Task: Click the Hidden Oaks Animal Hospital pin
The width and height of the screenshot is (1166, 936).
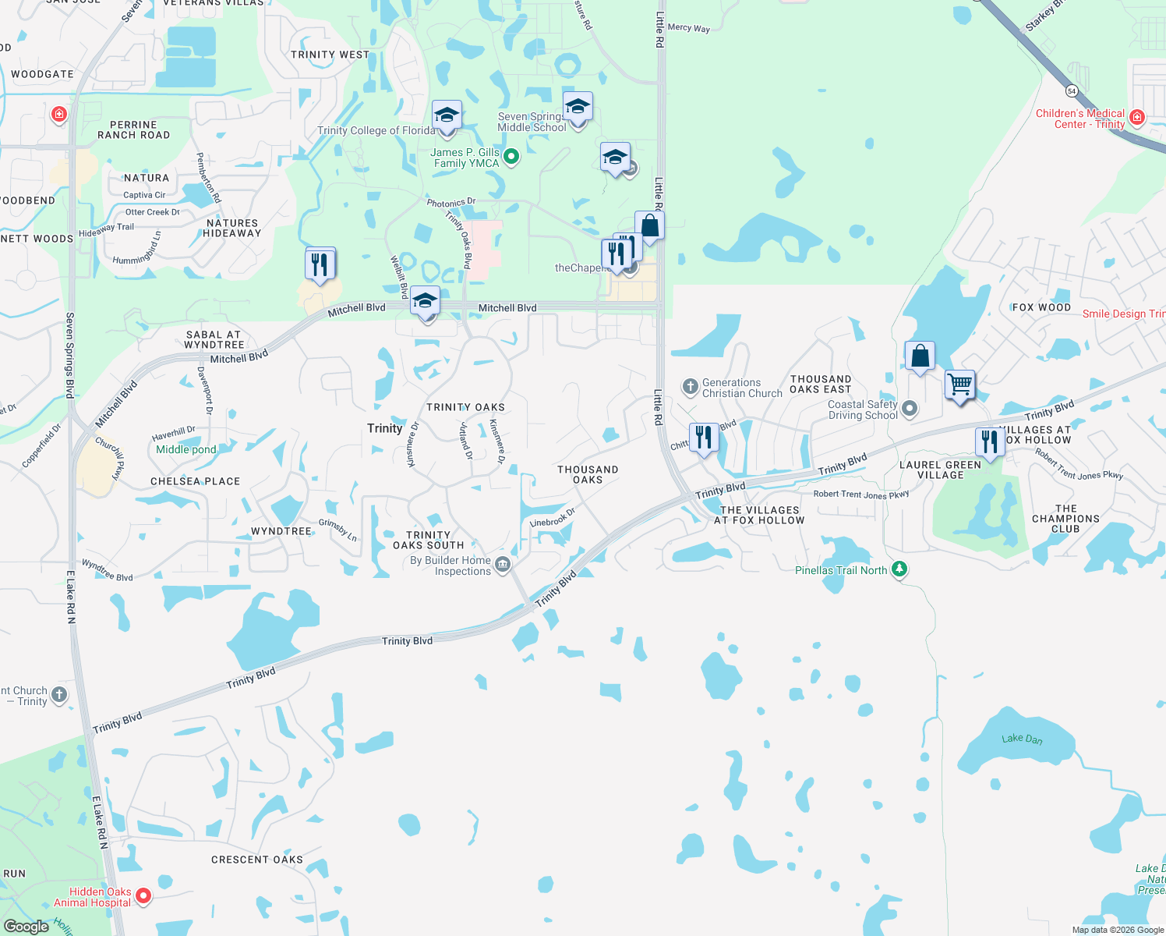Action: click(143, 896)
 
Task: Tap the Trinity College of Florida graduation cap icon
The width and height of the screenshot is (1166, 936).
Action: click(447, 116)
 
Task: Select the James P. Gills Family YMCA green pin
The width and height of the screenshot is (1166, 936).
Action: click(511, 157)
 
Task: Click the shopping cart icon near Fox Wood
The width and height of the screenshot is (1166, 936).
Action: click(960, 384)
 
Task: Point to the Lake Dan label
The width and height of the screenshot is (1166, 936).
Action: click(1022, 738)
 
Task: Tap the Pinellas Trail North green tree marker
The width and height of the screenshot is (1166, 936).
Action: click(899, 569)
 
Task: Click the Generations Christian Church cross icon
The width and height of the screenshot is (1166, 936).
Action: click(690, 387)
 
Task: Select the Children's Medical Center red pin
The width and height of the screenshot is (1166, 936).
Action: click(1137, 118)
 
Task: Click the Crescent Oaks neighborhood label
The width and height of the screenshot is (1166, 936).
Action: click(257, 860)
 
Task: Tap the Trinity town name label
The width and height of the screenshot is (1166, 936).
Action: click(385, 428)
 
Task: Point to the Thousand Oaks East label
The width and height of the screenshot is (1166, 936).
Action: click(821, 384)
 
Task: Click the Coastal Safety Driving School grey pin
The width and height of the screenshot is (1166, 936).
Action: click(909, 409)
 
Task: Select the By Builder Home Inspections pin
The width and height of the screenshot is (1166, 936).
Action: click(503, 565)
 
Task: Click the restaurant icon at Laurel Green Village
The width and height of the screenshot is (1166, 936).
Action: click(990, 441)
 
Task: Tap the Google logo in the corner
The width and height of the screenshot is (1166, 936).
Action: click(26, 926)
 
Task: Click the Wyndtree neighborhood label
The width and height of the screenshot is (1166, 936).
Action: click(281, 531)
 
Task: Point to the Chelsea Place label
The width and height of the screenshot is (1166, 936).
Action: click(195, 481)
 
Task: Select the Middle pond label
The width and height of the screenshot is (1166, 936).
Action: click(186, 449)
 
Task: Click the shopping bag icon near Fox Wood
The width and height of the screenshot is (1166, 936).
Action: click(920, 356)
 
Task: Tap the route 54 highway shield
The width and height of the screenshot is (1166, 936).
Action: click(1072, 90)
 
